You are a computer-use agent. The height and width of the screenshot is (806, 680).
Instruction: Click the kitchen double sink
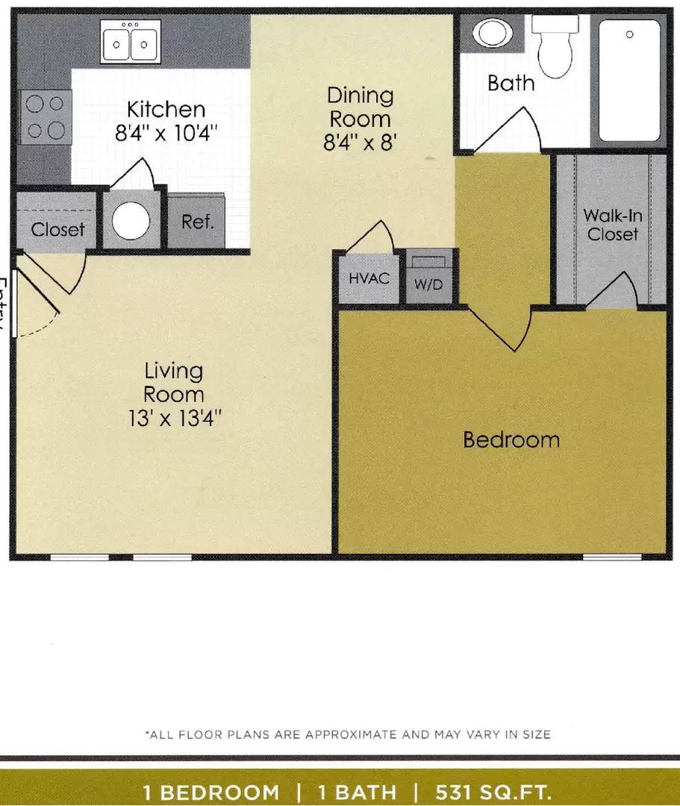point(131,41)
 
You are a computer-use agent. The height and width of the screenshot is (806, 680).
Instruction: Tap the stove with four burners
point(45,117)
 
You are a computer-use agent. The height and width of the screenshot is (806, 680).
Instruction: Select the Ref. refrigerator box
point(198,222)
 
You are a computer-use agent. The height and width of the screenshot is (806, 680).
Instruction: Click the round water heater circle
point(131,219)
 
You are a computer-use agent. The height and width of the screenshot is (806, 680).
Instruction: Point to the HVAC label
point(369,279)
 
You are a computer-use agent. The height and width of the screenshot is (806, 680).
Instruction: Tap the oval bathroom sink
point(492,33)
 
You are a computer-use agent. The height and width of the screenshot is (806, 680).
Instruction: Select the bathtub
point(629,80)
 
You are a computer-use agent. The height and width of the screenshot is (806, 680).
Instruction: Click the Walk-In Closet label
point(612,225)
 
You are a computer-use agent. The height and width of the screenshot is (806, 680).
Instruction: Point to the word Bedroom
point(511,440)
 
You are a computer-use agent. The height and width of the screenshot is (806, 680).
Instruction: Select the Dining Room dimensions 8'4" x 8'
point(359,143)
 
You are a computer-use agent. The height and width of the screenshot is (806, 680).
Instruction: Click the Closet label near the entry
point(57,230)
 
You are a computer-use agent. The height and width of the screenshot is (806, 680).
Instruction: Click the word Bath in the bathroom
point(511,83)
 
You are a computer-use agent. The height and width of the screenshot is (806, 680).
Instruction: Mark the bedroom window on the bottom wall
point(612,557)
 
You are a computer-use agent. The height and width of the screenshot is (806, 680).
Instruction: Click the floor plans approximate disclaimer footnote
point(347,734)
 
